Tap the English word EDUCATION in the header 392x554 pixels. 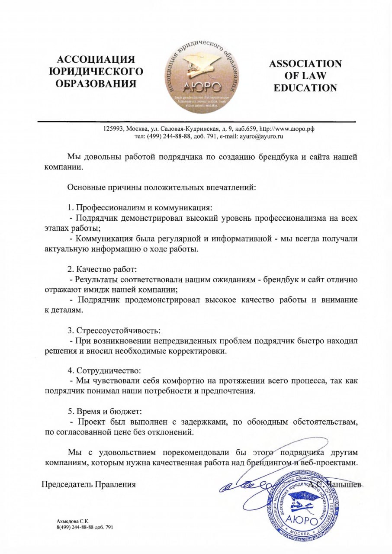pyautogui.click(x=305, y=88)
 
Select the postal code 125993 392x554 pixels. pyautogui.click(x=113, y=129)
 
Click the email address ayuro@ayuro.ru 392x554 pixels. pyautogui.click(x=259, y=136)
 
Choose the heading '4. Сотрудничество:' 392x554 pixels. pyautogui.click(x=104, y=370)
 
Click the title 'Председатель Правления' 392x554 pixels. pyautogui.click(x=88, y=484)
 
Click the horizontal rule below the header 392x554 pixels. pyautogui.click(x=196, y=122)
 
